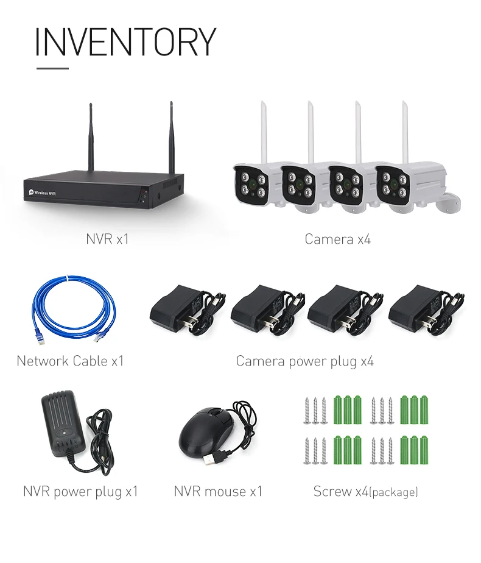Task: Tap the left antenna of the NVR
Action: pyautogui.click(x=91, y=137)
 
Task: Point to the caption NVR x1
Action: pyautogui.click(x=107, y=239)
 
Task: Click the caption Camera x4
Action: pyautogui.click(x=337, y=239)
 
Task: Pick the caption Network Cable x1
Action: pyautogui.click(x=70, y=361)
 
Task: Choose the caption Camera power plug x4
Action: pyautogui.click(x=304, y=361)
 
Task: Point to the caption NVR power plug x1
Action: pyautogui.click(x=80, y=491)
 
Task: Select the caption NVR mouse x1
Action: pyautogui.click(x=218, y=491)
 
